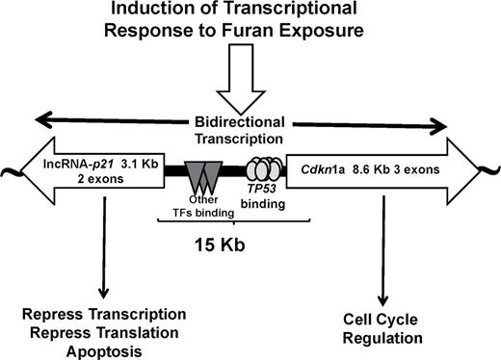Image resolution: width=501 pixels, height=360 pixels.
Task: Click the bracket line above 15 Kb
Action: pyautogui.click(x=231, y=221)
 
